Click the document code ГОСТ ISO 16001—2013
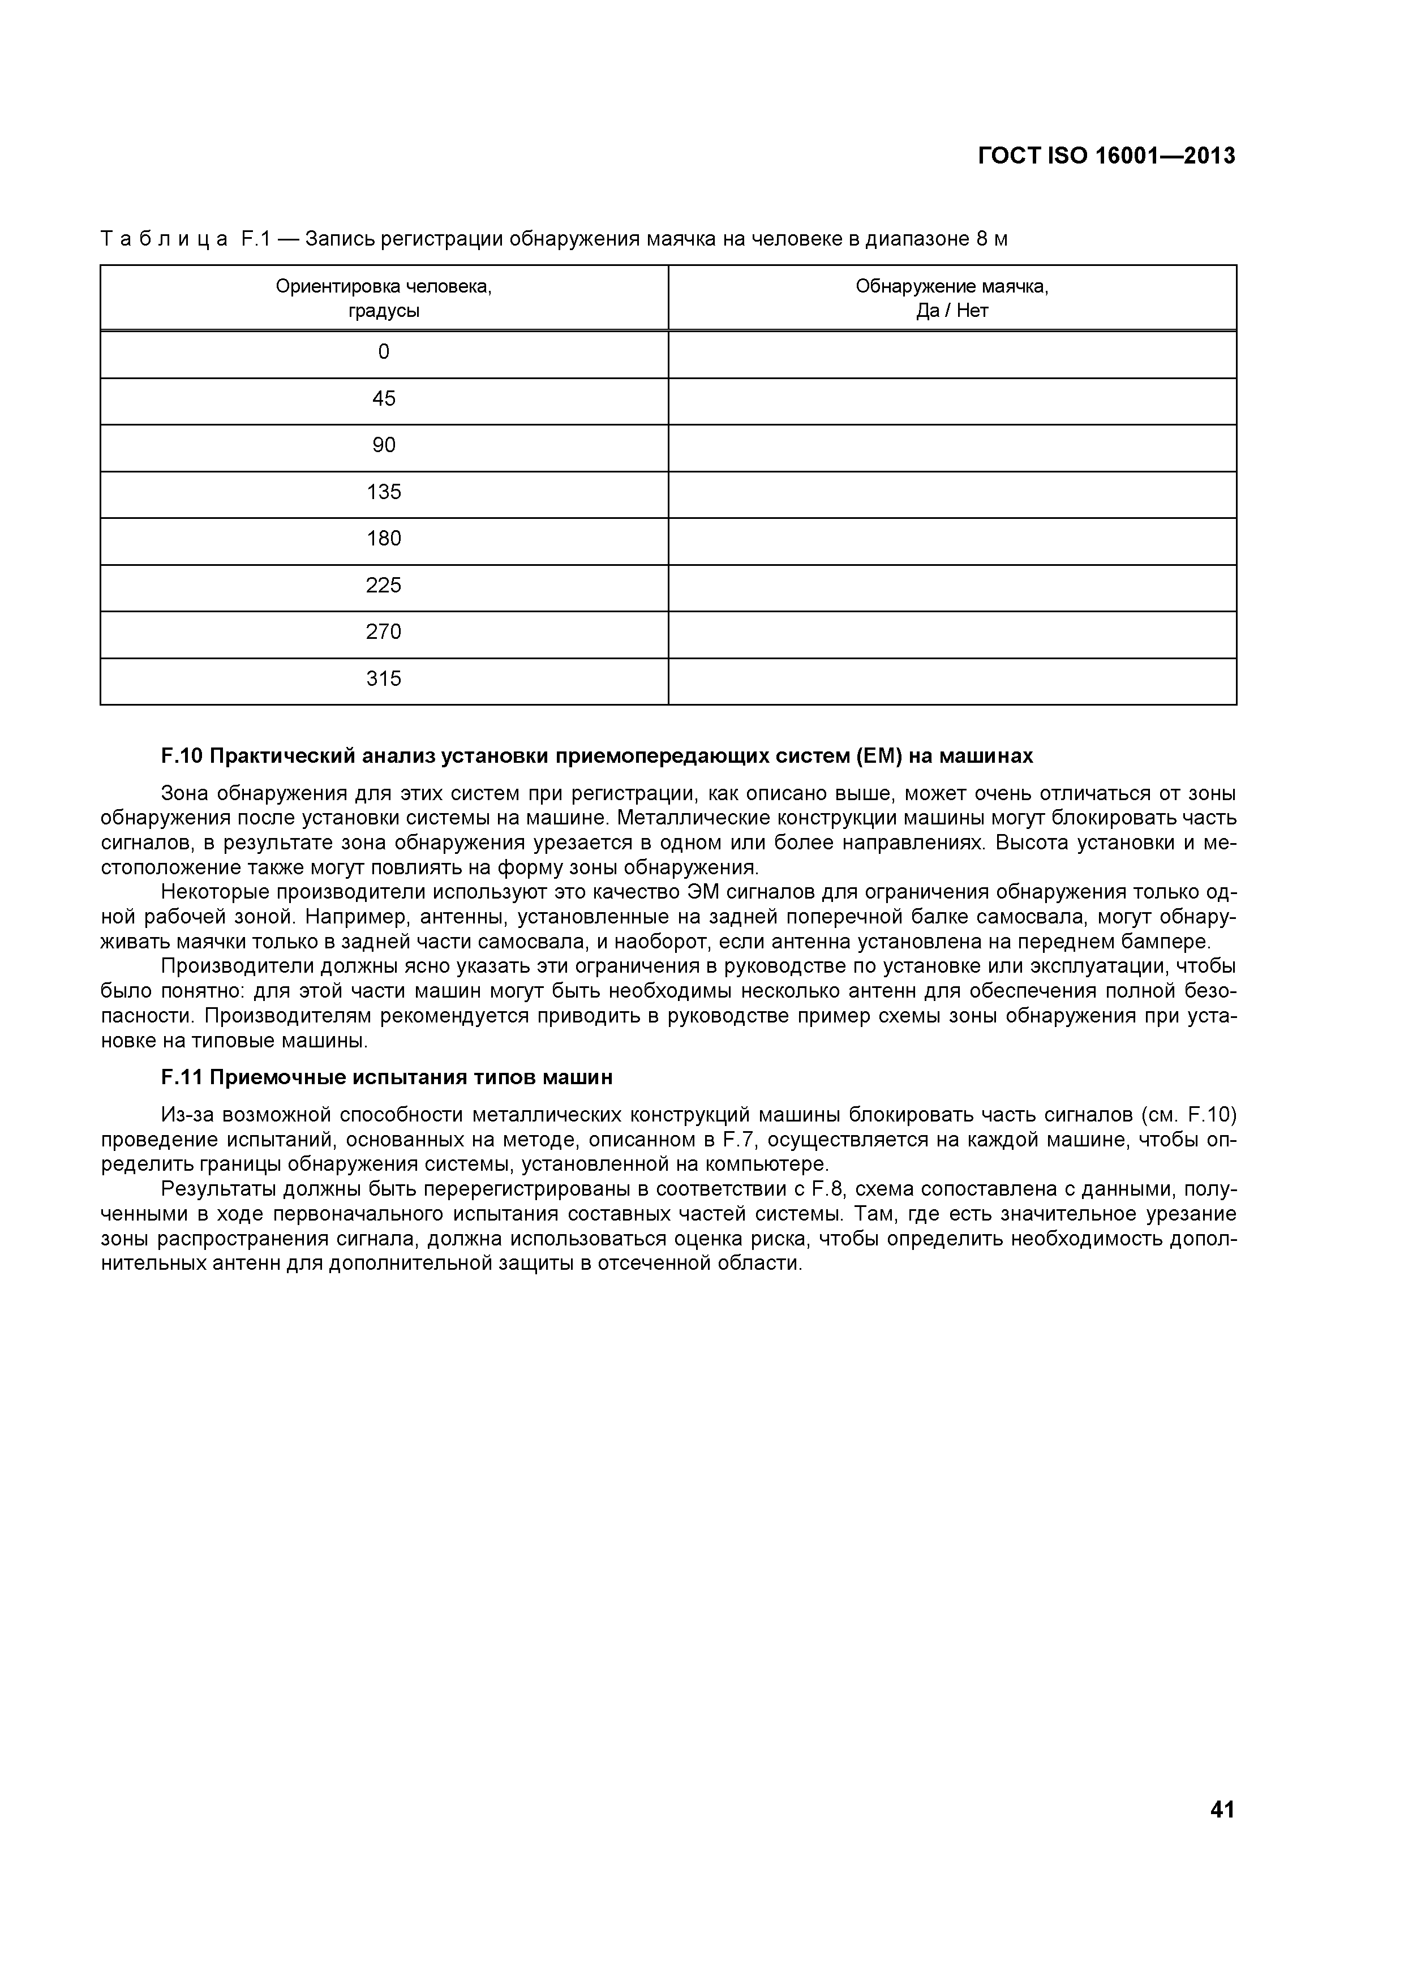(x=1106, y=157)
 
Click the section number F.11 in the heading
(x=182, y=1078)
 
